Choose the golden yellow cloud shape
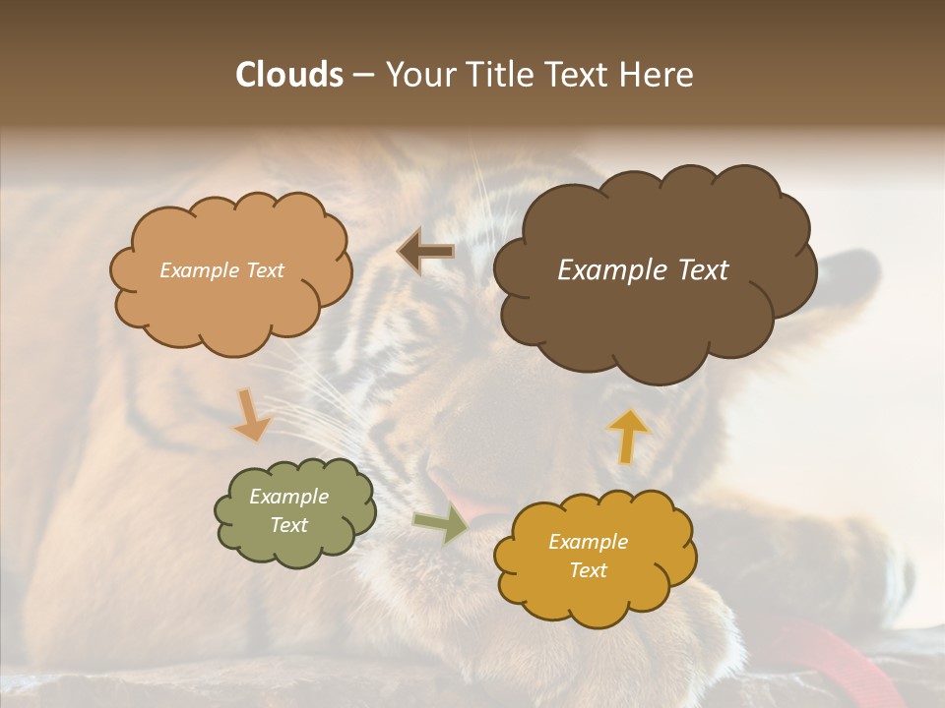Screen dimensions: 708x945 [595, 590]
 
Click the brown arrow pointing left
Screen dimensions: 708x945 [426, 252]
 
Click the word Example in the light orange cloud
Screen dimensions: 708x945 [200, 270]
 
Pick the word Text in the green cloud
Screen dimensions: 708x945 [289, 525]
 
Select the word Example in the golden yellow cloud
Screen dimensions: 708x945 [588, 542]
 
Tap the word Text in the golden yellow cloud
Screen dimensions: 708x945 [588, 570]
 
